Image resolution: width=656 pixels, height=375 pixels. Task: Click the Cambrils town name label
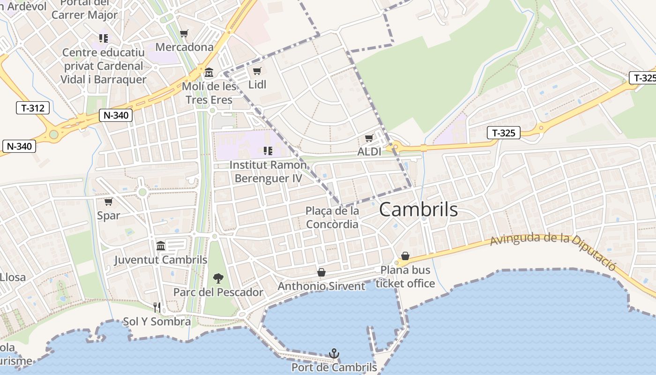[418, 210]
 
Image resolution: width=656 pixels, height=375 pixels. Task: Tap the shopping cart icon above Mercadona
[184, 34]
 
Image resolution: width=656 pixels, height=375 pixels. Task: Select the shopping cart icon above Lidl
[257, 71]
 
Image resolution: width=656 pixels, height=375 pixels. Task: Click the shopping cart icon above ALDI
[369, 138]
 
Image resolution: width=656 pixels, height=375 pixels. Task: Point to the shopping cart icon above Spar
[108, 202]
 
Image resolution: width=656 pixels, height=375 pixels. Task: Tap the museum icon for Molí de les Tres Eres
[209, 73]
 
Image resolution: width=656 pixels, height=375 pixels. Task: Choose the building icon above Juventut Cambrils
[161, 246]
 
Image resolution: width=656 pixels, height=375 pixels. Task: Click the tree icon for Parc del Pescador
[218, 278]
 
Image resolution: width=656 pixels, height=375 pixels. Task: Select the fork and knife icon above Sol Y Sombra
[157, 307]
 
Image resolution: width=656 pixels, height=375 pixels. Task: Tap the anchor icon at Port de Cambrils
[334, 353]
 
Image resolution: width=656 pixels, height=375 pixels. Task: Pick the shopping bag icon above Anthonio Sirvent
[321, 272]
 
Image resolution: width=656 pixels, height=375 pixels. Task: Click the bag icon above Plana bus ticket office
[405, 256]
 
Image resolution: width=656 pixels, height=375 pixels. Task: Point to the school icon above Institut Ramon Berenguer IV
[268, 151]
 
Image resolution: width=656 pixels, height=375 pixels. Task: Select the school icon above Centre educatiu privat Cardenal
[104, 38]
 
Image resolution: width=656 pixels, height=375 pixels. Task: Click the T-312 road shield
[33, 108]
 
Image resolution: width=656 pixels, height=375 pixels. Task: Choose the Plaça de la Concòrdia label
[332, 217]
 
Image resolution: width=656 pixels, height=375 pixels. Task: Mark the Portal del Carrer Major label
[84, 9]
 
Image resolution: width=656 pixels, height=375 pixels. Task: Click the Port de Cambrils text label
[334, 367]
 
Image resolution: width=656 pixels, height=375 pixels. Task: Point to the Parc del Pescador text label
[218, 292]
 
